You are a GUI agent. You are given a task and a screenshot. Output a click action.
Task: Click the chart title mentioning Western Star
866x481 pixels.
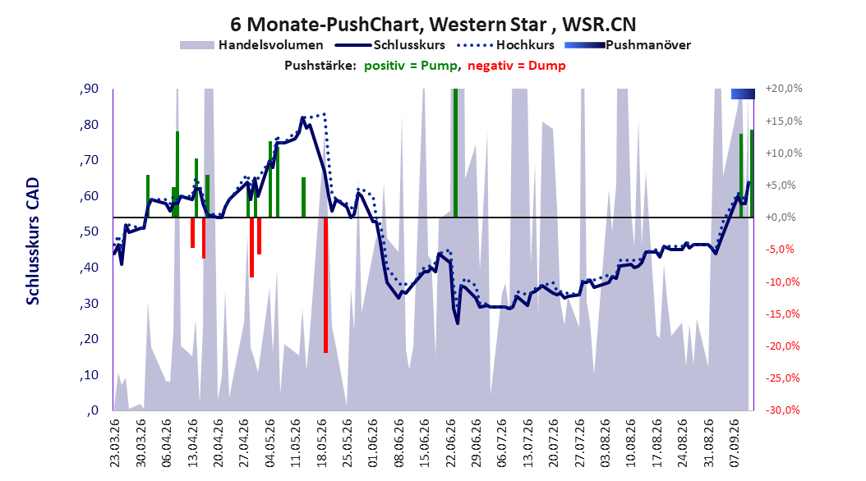click(x=433, y=25)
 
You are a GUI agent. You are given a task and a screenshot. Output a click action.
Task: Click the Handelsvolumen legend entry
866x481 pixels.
click(x=252, y=45)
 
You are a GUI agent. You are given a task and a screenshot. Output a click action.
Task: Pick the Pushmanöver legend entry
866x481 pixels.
click(x=628, y=45)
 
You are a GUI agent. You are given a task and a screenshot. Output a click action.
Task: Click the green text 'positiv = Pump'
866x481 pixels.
click(x=410, y=66)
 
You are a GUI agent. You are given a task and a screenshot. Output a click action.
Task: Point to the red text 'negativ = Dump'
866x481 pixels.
click(x=517, y=66)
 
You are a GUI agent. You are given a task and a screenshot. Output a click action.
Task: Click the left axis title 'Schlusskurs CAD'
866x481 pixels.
click(x=33, y=241)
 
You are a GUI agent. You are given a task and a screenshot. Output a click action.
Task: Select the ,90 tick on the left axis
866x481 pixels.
click(x=89, y=89)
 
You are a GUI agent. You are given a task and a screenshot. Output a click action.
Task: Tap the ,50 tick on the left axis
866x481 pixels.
click(x=89, y=231)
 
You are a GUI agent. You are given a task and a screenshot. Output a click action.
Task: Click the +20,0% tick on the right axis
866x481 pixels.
click(x=784, y=89)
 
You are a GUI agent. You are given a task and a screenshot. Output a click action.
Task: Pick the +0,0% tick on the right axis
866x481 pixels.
click(x=781, y=218)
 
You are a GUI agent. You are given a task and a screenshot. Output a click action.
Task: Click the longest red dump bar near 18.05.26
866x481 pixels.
click(x=326, y=285)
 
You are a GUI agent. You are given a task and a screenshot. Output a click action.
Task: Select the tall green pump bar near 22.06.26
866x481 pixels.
click(x=456, y=153)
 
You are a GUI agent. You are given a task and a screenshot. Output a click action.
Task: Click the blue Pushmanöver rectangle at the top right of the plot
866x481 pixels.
click(x=743, y=94)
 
